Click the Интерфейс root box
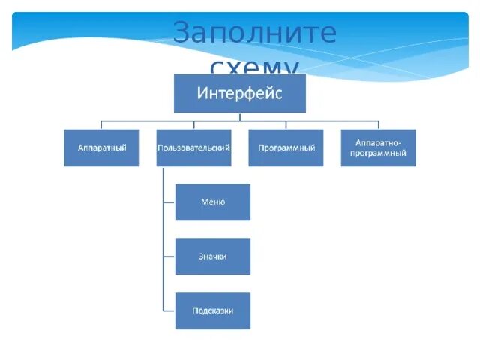[240, 93]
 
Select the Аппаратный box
[101, 148]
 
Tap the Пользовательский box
[193, 148]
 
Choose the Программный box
[286, 148]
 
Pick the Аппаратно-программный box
[378, 148]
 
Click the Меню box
[213, 202]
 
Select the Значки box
[213, 256]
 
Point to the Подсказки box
[213, 310]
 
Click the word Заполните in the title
[254, 34]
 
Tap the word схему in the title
[255, 67]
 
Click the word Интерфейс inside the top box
[240, 94]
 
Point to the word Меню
[213, 202]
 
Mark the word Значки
[213, 256]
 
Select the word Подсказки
[213, 310]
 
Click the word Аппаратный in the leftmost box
[101, 148]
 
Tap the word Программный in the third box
[286, 148]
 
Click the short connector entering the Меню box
[169, 202]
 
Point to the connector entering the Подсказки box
[169, 310]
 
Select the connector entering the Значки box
[169, 256]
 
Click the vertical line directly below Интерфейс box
[240, 117]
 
